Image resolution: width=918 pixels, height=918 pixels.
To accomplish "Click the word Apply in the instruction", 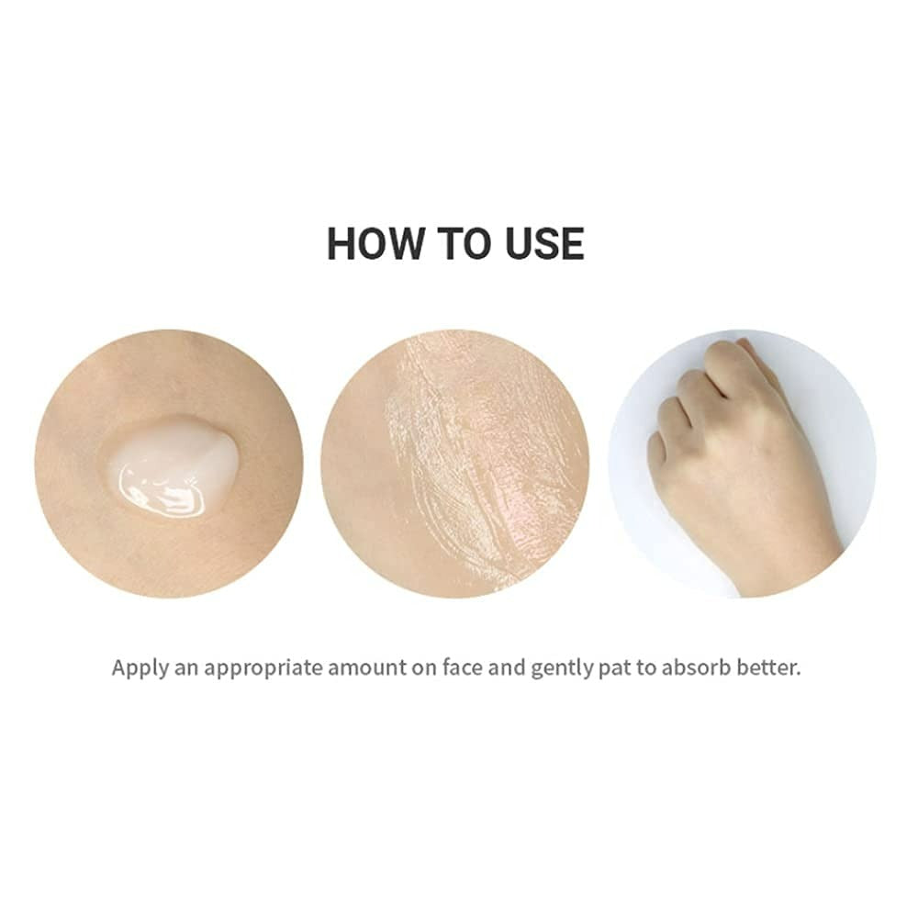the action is tap(140, 668).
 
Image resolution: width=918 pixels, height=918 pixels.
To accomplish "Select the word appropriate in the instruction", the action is tap(263, 668).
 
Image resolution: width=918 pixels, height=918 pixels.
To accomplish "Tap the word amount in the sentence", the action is tap(367, 668).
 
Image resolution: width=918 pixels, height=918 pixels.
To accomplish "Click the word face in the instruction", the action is tap(463, 667).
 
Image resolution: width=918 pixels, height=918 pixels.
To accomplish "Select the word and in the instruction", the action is tap(507, 667).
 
